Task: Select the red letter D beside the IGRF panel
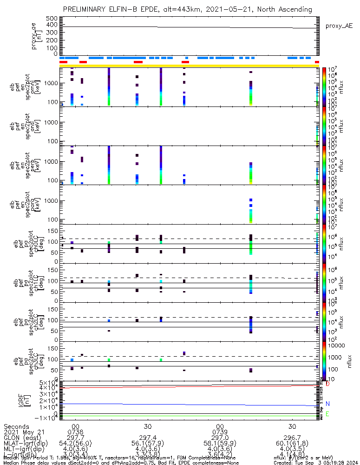click(328, 384)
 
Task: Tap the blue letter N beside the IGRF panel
click(328, 404)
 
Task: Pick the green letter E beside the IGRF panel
click(328, 414)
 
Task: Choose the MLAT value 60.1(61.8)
click(292, 444)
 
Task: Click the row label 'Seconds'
click(16, 426)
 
